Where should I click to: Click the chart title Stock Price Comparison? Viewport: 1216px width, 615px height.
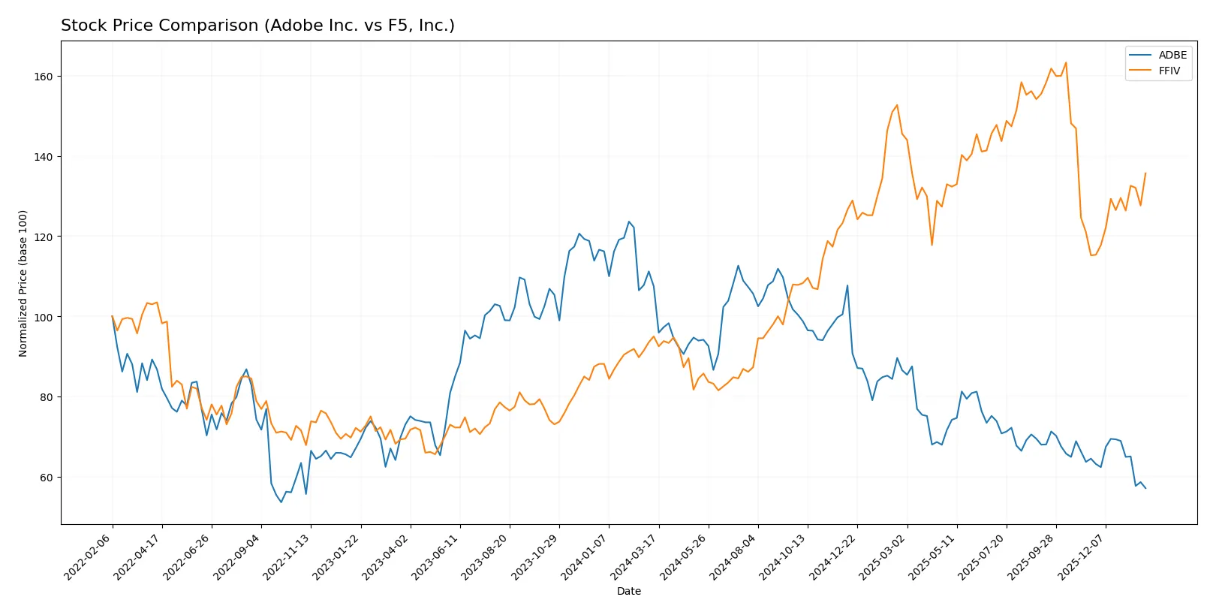257,26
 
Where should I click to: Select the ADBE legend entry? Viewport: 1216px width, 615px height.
1172,55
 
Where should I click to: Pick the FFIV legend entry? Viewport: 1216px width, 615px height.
1169,71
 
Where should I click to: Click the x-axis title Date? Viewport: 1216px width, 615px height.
628,591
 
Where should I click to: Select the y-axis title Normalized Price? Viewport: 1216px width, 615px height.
23,283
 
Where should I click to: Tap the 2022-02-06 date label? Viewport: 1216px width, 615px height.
88,557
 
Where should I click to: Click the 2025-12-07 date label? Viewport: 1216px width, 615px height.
1081,557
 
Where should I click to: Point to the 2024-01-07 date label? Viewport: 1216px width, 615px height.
584,557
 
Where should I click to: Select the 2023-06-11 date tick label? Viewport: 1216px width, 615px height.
435,557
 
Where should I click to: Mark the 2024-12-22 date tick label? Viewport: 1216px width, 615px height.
832,557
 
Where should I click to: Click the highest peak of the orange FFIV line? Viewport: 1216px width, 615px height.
1066,62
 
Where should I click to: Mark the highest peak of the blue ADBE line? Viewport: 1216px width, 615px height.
629,222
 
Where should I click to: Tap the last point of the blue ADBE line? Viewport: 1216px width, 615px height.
1145,488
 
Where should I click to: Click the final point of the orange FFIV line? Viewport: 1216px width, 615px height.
1145,173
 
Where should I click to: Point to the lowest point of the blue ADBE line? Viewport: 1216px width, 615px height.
281,502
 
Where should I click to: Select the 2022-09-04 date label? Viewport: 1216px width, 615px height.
236,557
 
